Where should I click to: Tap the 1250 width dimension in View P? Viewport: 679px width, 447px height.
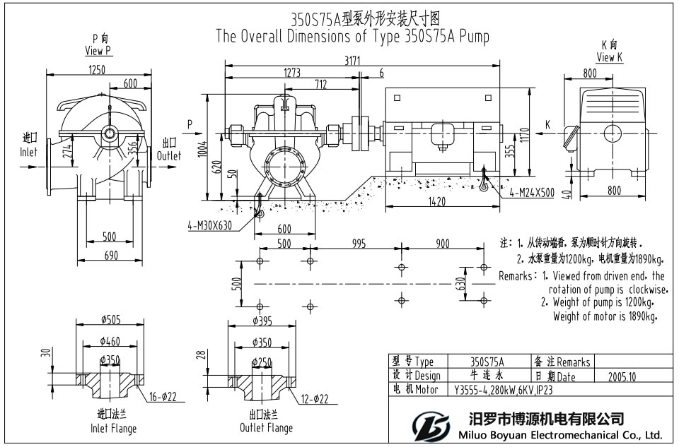pyautogui.click(x=98, y=69)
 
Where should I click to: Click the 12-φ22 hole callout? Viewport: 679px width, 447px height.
pyautogui.click(x=313, y=400)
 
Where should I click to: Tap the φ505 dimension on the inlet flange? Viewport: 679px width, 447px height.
pyautogui.click(x=110, y=320)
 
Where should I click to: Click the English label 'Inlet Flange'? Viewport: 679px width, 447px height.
pyautogui.click(x=113, y=429)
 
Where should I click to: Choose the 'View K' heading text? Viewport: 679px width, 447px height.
pyautogui.click(x=609, y=57)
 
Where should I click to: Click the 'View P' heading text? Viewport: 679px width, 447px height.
pyautogui.click(x=98, y=51)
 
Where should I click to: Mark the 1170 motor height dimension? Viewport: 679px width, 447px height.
pyautogui.click(x=544, y=134)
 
